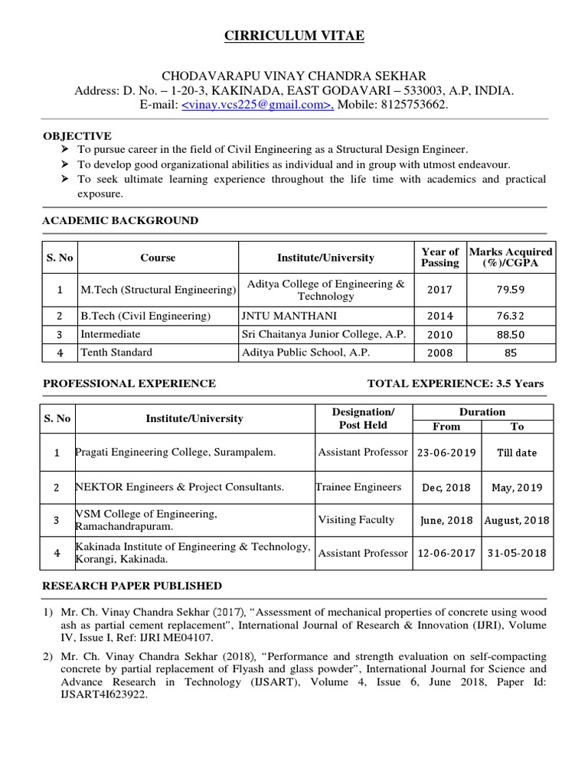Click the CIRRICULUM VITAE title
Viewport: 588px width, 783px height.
tap(294, 36)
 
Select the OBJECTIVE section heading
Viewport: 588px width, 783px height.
tap(77, 135)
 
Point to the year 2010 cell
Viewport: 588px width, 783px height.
tap(439, 334)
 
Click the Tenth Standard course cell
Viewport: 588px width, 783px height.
tap(116, 353)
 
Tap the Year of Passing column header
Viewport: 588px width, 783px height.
tap(439, 257)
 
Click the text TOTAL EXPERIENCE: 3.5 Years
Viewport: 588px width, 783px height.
tap(456, 383)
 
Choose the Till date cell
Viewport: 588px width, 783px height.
tap(517, 452)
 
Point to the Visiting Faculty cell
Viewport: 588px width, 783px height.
tap(356, 520)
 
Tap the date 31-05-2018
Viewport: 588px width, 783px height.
tap(517, 553)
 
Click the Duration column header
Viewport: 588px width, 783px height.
tap(482, 411)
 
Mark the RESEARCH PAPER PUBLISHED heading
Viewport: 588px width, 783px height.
tap(132, 586)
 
